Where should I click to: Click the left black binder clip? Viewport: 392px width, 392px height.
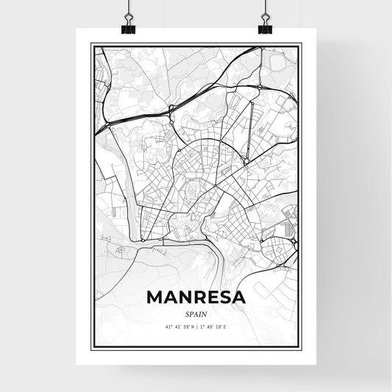[127, 28]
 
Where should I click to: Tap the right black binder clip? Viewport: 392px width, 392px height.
[265, 28]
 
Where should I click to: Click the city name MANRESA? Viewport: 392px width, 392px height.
[196, 296]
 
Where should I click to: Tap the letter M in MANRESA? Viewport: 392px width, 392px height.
[156, 296]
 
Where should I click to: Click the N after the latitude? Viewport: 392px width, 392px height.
[192, 327]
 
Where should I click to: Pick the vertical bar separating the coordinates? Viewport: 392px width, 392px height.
[196, 327]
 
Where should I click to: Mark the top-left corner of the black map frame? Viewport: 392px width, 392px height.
[92, 44]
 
